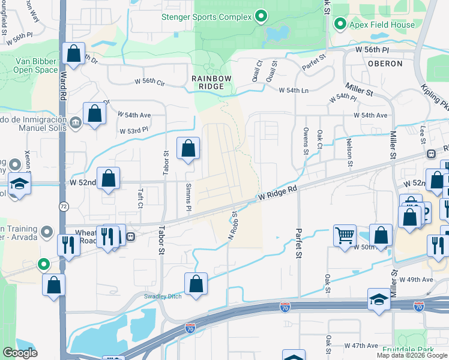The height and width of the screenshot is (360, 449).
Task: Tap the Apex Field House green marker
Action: [x=340, y=25]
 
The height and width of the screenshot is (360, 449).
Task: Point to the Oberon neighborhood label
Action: [x=385, y=63]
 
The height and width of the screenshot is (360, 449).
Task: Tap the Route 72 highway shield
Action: [x=63, y=206]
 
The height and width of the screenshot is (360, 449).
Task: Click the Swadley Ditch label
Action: [x=161, y=296]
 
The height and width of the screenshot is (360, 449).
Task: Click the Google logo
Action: [x=20, y=353]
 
